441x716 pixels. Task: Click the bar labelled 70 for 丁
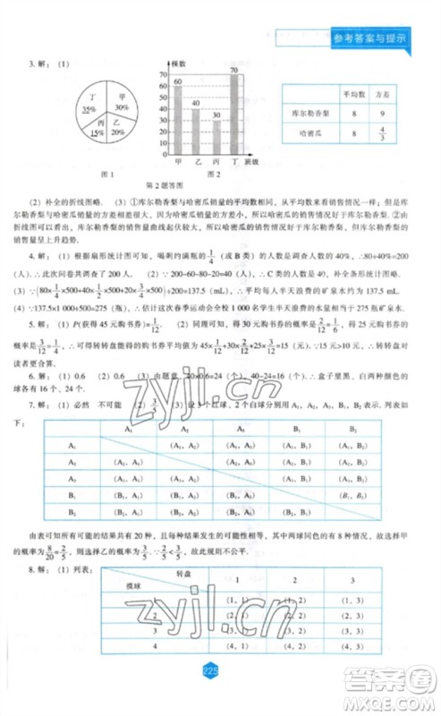(233, 115)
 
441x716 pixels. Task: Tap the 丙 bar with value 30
(216, 138)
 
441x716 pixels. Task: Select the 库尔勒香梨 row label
(310, 114)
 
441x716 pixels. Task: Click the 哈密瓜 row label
(310, 134)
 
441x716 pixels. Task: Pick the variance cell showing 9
(381, 114)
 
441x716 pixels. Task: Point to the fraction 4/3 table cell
(381, 134)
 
